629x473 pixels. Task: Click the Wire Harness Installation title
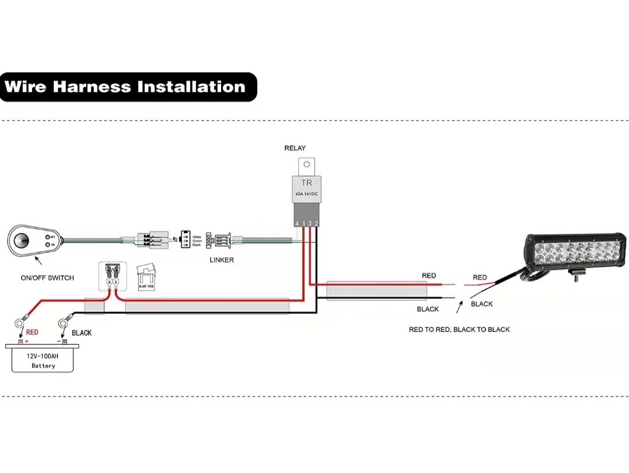pyautogui.click(x=125, y=87)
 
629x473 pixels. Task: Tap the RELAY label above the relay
pyautogui.click(x=295, y=148)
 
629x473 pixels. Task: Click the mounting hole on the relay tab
pyautogui.click(x=306, y=164)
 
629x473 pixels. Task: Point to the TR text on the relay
pyautogui.click(x=306, y=183)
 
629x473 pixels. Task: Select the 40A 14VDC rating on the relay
pyautogui.click(x=306, y=194)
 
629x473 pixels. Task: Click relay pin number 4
pyautogui.click(x=297, y=223)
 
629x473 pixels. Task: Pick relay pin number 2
pyautogui.click(x=316, y=223)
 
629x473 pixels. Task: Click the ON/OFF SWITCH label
pyautogui.click(x=47, y=278)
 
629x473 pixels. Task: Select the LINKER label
pyautogui.click(x=222, y=260)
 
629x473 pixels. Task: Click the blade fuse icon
pyautogui.click(x=146, y=276)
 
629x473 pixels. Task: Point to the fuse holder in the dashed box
pyautogui.click(x=113, y=276)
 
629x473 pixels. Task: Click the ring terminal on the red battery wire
pyautogui.click(x=23, y=321)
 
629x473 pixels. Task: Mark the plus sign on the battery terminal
pyautogui.click(x=26, y=341)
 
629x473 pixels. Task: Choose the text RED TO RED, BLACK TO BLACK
pyautogui.click(x=459, y=330)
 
